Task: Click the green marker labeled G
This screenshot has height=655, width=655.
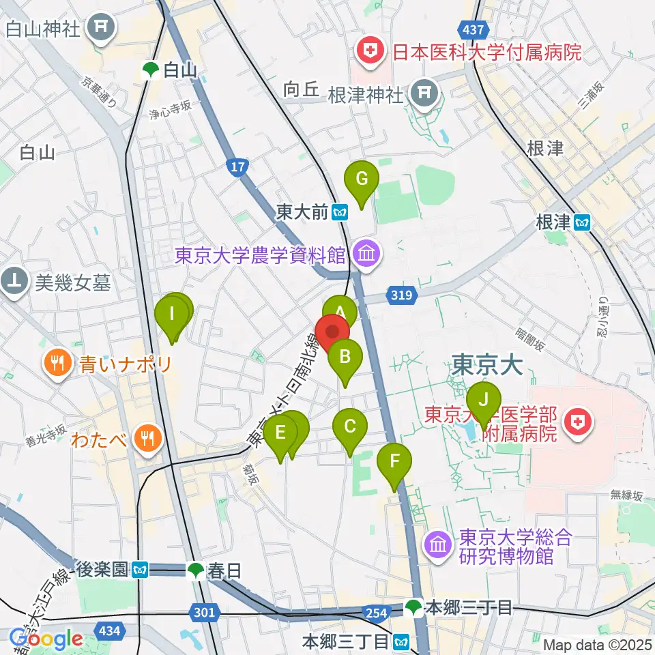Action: pyautogui.click(x=362, y=180)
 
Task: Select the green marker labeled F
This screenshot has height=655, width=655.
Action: pyautogui.click(x=394, y=462)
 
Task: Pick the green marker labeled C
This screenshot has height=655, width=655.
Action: pyautogui.click(x=349, y=428)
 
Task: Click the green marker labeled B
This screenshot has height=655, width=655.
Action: pyautogui.click(x=345, y=357)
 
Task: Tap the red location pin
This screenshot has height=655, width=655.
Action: pyautogui.click(x=332, y=332)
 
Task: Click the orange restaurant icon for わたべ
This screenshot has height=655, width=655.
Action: pyautogui.click(x=147, y=437)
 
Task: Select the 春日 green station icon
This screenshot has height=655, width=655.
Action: pyautogui.click(x=196, y=570)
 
